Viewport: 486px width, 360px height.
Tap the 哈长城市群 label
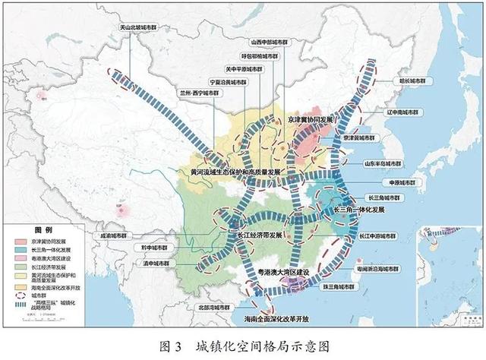415,79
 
